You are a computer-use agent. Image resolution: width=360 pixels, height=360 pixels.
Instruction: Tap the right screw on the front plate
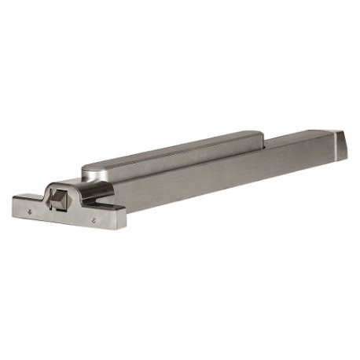(x=94, y=221)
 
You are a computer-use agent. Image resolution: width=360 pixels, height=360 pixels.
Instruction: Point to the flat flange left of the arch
(x=28, y=195)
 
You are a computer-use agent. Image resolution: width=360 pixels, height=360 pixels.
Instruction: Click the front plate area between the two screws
(x=63, y=215)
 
